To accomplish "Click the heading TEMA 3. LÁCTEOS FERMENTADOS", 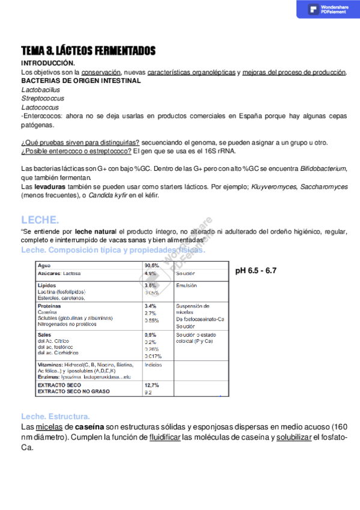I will pos(88,51).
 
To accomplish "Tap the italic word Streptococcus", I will pos(42,98).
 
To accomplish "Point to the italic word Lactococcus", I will pos(40,107).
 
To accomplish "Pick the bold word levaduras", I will pos(51,187).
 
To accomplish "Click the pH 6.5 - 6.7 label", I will pos(255,271).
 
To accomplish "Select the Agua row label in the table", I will pos(44,265).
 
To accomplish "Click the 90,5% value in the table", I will pos(151,265).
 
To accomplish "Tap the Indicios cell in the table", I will pos(153,364).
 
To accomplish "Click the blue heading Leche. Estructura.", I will pos(55,416).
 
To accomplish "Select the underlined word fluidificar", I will pos(165,437).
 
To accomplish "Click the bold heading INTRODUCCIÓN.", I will pos(48,63).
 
